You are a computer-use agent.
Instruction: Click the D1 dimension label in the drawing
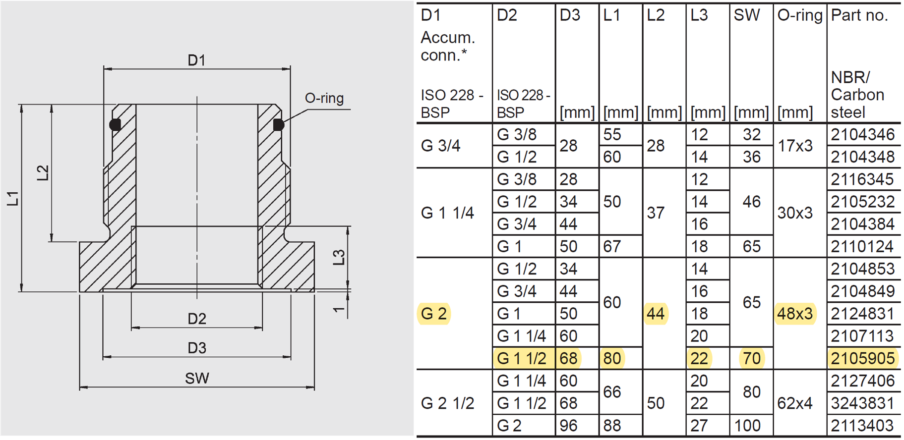coord(196,60)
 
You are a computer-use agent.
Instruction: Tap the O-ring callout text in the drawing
coord(324,98)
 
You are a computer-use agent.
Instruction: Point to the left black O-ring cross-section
coord(115,124)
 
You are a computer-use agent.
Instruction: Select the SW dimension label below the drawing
coord(197,379)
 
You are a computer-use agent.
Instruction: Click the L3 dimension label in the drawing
coord(339,257)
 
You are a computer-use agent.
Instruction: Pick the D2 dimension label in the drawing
coord(197,319)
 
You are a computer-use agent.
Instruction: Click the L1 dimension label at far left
coord(13,198)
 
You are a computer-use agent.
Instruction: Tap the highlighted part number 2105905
coord(862,358)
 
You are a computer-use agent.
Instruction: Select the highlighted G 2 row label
coord(434,314)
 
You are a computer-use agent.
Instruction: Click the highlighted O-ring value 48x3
coord(795,314)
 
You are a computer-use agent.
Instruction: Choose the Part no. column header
coord(859,15)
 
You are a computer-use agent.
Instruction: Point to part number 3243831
coord(862,403)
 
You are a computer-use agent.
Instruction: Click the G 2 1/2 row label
coord(447,403)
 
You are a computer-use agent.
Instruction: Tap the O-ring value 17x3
coord(795,146)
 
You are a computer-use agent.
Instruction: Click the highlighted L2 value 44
coord(656,314)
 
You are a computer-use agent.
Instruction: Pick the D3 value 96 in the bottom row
coord(568,425)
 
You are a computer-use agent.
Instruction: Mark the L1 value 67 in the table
coord(612,246)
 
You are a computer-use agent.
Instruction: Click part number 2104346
coord(862,134)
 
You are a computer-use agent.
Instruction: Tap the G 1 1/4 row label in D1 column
coord(447,213)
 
